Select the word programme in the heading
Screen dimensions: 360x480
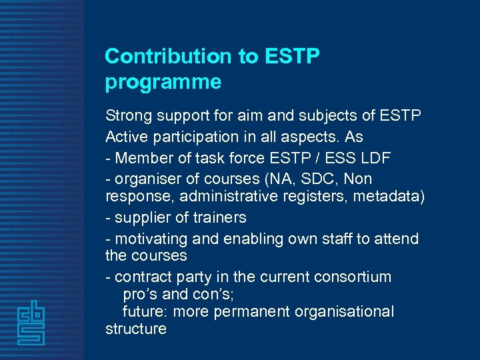(x=163, y=83)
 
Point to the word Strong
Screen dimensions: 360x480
(x=129, y=116)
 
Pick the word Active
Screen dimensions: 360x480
(x=125, y=137)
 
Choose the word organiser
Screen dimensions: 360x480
(x=145, y=179)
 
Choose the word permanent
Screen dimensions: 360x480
(x=254, y=311)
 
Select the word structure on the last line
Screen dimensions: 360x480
(x=136, y=329)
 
